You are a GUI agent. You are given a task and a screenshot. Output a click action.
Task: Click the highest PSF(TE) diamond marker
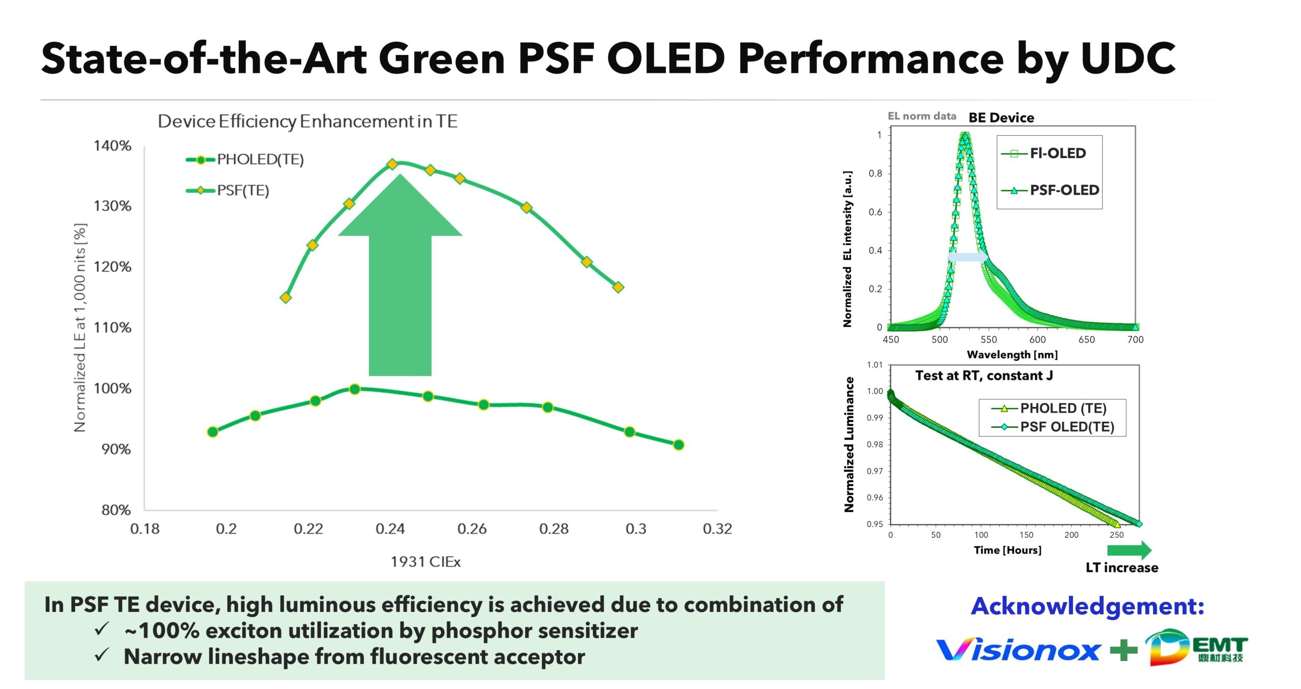click(392, 164)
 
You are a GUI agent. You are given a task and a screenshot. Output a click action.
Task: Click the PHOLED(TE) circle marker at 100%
click(355, 389)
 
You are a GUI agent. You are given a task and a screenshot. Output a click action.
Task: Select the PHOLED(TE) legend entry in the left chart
click(245, 160)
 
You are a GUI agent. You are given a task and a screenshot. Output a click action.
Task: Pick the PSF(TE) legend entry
click(228, 191)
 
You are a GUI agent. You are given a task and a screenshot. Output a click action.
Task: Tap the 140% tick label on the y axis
click(112, 146)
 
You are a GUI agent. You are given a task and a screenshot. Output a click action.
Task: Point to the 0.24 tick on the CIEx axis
click(390, 529)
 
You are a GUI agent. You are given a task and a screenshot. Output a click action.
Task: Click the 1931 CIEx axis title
click(425, 561)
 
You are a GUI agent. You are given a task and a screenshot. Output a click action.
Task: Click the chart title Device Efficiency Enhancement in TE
click(307, 121)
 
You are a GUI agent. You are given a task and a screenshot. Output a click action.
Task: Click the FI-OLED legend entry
click(1044, 153)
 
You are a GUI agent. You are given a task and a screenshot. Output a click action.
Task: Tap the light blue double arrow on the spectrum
click(968, 257)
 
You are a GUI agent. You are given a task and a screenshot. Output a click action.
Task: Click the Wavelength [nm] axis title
click(1012, 355)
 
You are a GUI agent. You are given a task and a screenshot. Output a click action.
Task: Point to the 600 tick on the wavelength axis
click(1037, 339)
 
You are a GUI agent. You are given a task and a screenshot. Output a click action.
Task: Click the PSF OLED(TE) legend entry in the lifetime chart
click(1052, 427)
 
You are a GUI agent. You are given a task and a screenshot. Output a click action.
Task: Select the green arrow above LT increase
click(1129, 550)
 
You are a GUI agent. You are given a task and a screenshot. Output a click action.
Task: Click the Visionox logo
click(1017, 649)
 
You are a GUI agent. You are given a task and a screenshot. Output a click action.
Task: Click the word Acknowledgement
click(1087, 606)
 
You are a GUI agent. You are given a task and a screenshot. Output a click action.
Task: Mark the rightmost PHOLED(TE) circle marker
click(678, 445)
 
